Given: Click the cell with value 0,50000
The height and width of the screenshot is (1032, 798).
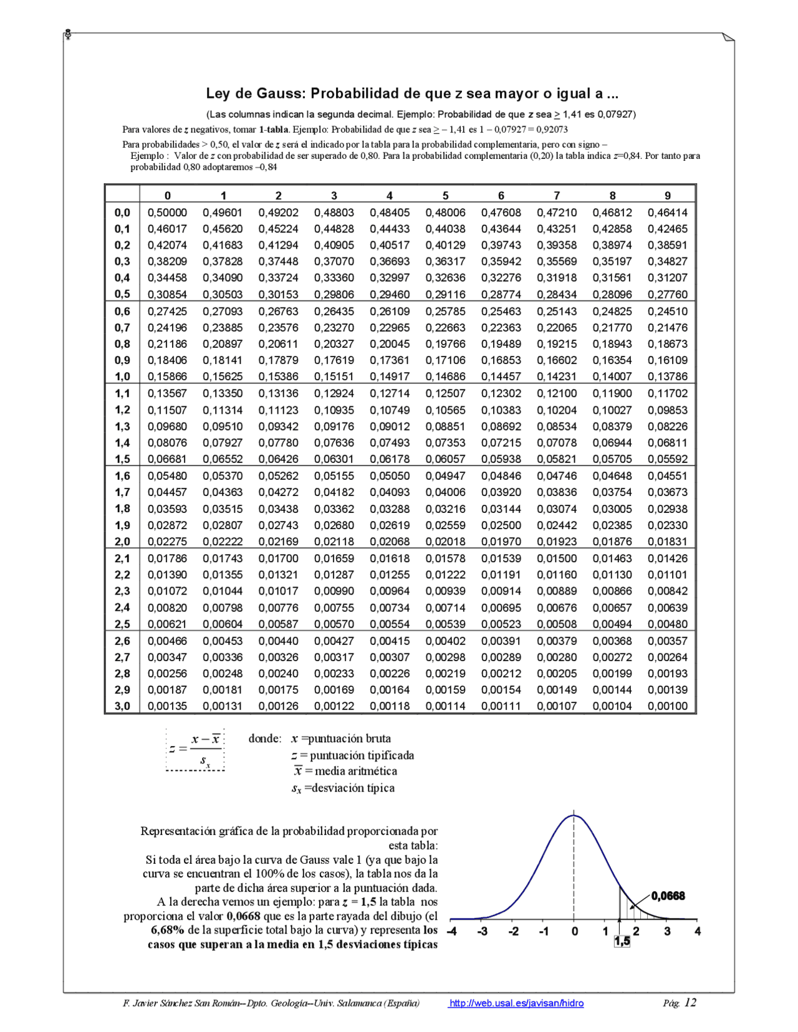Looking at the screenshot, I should click(x=167, y=213).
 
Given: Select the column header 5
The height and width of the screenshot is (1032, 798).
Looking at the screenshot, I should click(x=445, y=196).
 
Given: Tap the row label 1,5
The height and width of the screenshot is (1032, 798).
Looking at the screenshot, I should click(x=122, y=459).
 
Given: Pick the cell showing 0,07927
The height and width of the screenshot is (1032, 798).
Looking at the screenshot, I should click(x=223, y=443).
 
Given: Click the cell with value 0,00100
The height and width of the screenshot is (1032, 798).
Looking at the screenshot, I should click(x=667, y=706).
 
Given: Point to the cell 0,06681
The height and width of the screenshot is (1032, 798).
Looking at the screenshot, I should click(x=167, y=459).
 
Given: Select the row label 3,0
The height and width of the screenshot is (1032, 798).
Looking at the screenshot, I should click(x=122, y=706).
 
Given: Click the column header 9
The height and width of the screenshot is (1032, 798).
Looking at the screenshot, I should click(x=668, y=196).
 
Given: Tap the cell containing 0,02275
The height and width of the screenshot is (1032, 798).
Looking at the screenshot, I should click(x=167, y=542).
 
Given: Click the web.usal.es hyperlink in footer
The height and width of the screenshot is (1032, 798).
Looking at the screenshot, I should click(x=516, y=1003).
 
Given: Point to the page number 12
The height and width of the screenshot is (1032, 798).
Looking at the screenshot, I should click(x=690, y=1002).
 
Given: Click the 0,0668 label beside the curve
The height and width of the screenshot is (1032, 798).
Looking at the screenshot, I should click(x=668, y=896).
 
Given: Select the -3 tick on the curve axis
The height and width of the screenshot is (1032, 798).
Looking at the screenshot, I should click(x=482, y=932).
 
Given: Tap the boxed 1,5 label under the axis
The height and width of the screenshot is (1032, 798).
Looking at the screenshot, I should click(x=622, y=942).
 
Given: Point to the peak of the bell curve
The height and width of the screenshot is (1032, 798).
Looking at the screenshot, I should click(x=574, y=815).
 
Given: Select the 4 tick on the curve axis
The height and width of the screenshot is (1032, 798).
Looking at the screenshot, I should click(x=697, y=932).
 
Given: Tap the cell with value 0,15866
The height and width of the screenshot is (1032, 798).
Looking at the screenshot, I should click(x=167, y=376).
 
